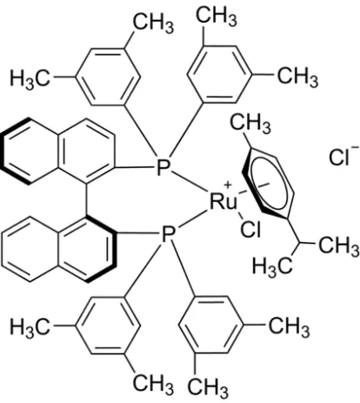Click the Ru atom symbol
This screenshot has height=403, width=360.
[x=223, y=201]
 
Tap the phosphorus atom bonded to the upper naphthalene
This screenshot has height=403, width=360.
[x=163, y=167]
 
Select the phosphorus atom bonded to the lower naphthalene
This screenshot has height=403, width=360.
[x=168, y=235]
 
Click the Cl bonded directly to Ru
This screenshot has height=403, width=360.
[x=250, y=230]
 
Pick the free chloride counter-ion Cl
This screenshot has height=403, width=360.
[x=338, y=158]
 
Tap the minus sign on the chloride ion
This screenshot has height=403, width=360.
[x=355, y=148]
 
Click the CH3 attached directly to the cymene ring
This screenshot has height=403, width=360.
[x=250, y=124]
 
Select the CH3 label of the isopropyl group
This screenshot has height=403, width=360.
[x=339, y=245]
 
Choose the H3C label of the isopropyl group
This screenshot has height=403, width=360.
[x=272, y=266]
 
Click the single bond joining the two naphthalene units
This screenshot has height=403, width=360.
[x=87, y=200]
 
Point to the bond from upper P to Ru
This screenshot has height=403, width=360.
[x=190, y=184]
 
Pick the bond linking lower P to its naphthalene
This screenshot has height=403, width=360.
[x=138, y=233]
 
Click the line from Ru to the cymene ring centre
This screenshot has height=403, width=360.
[x=255, y=188]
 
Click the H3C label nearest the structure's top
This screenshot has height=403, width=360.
[x=30, y=78]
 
